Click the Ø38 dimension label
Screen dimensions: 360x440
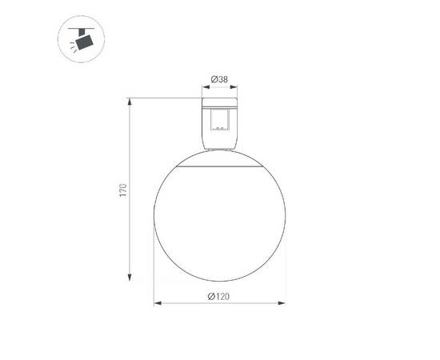pos(221,79)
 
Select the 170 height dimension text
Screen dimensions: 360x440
pos(122,190)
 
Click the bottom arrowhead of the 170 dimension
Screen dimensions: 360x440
pos(130,278)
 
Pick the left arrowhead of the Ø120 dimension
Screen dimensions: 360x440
pos(157,303)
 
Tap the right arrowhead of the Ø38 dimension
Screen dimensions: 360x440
pos(238,87)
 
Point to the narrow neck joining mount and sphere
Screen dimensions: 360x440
pos(220,149)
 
